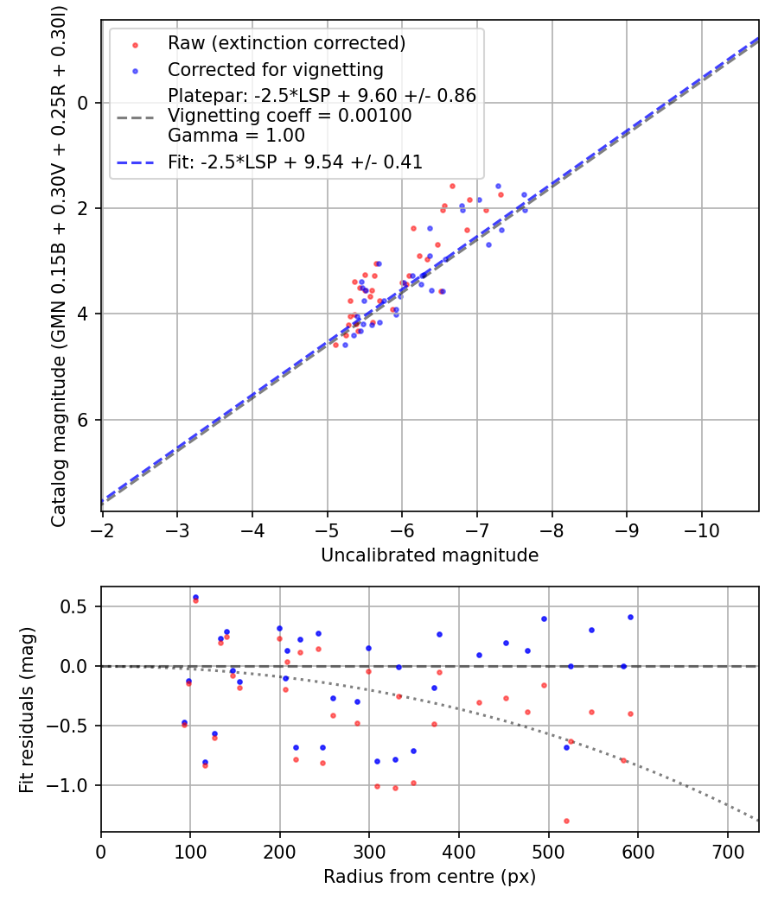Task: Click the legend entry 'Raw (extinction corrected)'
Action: [286, 43]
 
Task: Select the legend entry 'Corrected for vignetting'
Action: [275, 69]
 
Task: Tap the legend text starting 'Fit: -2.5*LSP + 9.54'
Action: [295, 162]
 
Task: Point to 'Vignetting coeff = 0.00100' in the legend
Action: [290, 116]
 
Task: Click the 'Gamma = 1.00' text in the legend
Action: [236, 135]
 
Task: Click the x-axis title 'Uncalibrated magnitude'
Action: [430, 555]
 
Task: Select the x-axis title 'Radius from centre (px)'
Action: [430, 877]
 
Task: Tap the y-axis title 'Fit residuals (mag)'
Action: [27, 709]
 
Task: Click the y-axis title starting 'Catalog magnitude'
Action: [59, 264]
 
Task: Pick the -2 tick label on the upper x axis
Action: [103, 529]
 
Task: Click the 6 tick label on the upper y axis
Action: [83, 420]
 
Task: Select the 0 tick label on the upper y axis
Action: [83, 103]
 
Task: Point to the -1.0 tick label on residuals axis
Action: [72, 785]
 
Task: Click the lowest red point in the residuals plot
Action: [566, 821]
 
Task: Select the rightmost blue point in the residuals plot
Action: [630, 617]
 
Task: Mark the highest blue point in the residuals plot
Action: [195, 597]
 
